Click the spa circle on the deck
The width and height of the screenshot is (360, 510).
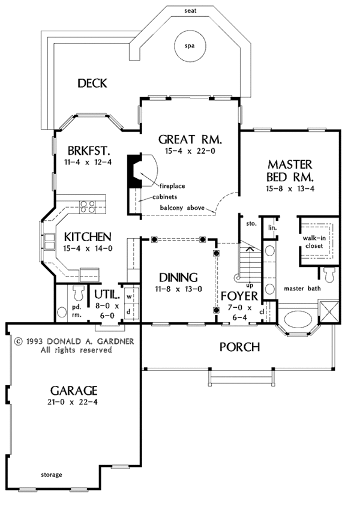(190, 46)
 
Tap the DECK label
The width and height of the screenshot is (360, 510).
(92, 83)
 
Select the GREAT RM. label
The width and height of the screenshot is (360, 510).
(190, 139)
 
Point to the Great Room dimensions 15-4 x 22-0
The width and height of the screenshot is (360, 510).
(190, 151)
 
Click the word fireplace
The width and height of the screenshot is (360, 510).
(172, 186)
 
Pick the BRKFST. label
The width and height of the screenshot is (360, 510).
(88, 151)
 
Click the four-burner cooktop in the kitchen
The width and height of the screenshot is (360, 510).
(88, 207)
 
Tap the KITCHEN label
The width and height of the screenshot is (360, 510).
(88, 236)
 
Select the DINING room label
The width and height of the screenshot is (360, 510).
(179, 277)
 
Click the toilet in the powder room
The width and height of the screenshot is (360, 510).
(77, 293)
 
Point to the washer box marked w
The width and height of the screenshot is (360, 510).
(130, 296)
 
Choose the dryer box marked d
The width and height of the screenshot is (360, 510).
(129, 312)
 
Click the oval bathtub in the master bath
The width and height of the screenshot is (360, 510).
(298, 319)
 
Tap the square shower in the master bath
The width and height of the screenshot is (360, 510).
(329, 311)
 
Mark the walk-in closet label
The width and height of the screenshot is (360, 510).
(314, 242)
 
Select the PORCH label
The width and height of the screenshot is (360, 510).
(239, 347)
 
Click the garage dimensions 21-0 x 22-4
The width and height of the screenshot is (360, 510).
(73, 402)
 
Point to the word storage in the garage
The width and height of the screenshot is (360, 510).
(52, 475)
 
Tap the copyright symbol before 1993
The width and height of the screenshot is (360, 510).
(19, 341)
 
